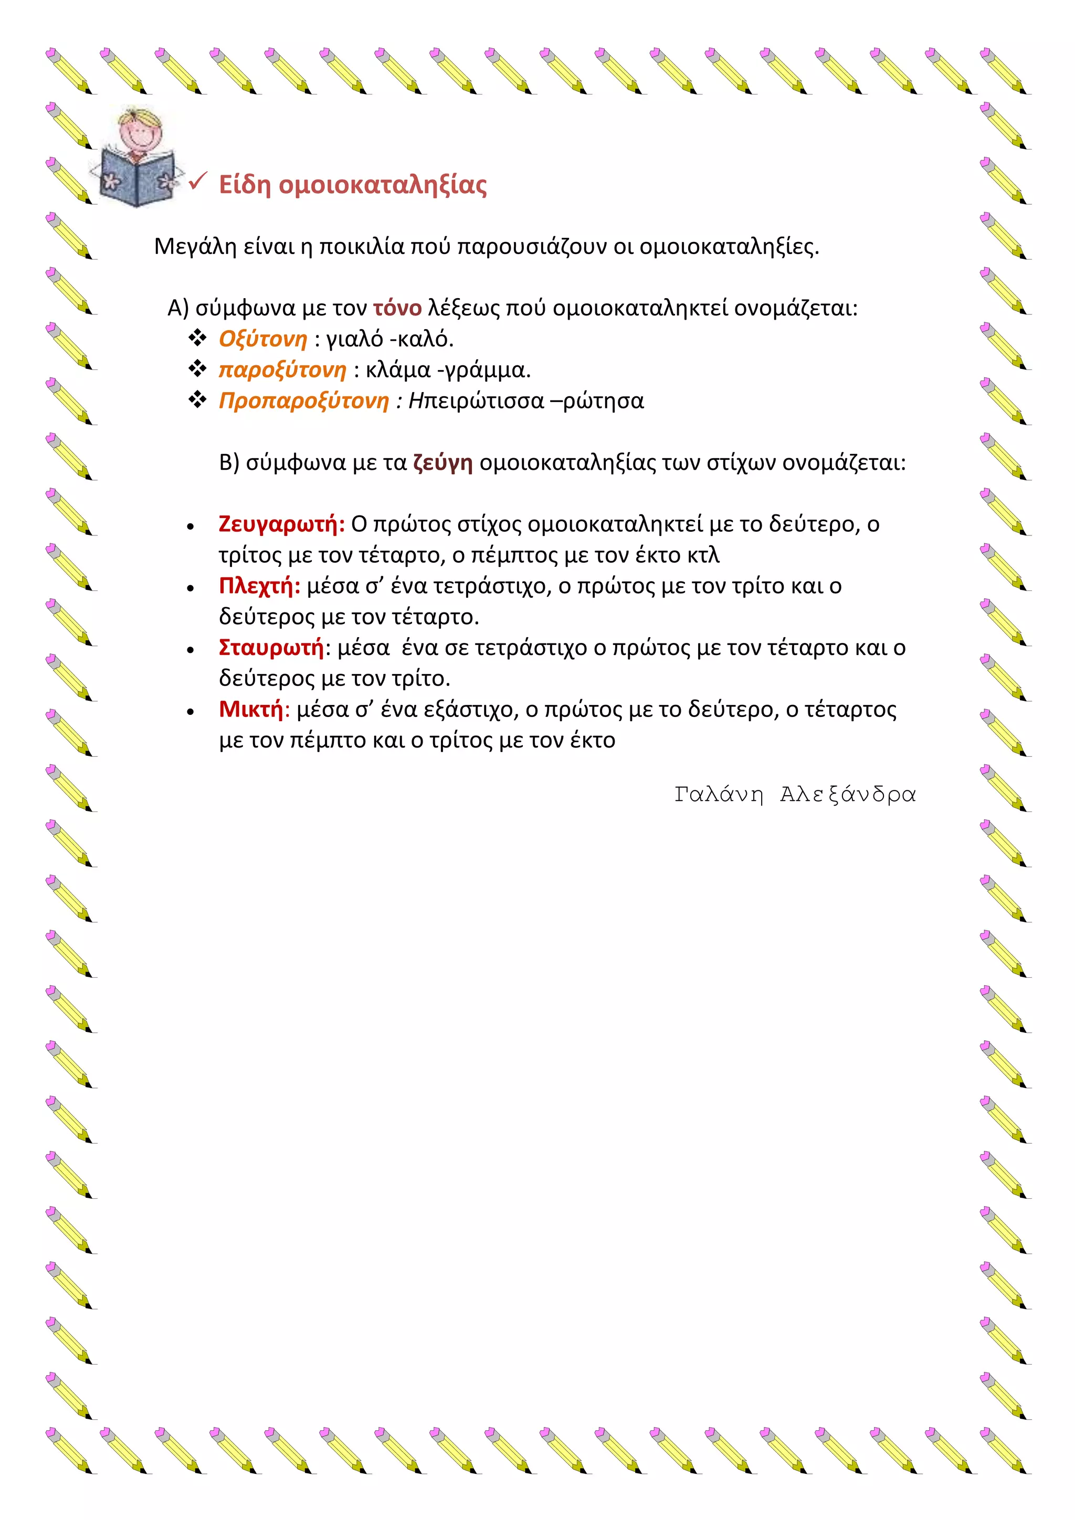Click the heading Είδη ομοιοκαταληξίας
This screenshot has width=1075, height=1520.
coord(353,185)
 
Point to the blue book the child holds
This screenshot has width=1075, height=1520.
coord(136,179)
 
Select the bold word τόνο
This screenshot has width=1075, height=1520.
coord(397,308)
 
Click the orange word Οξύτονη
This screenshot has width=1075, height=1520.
coord(263,339)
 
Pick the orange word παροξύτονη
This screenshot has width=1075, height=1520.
coord(282,370)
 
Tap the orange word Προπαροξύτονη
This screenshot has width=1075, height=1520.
coord(304,400)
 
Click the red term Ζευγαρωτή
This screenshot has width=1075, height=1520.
coord(281,524)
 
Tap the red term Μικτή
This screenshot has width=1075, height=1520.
coord(251,709)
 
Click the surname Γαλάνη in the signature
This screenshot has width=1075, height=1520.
coord(718,794)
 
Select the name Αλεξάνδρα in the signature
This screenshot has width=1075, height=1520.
coord(847,794)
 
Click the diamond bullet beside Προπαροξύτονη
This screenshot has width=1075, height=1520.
coord(197,400)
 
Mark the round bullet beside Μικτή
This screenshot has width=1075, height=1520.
coord(191,712)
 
